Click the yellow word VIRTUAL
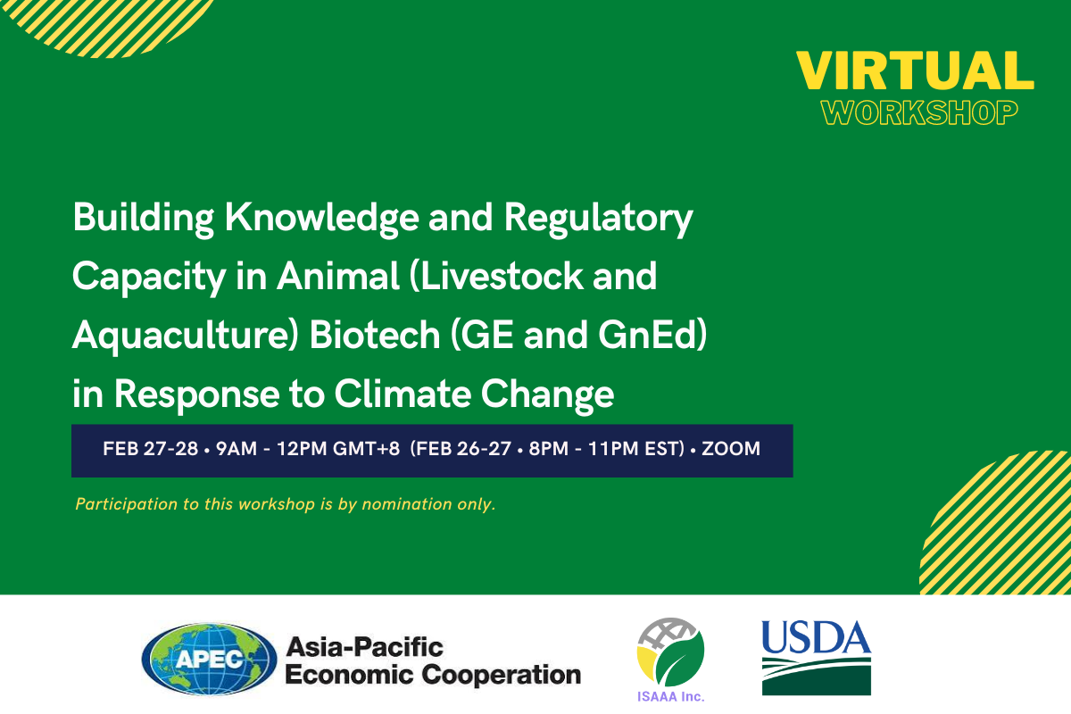pos(915,71)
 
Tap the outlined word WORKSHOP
pos(919,112)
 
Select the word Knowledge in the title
pos(322,218)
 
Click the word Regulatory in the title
pos(598,219)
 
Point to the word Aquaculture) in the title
pos(186,336)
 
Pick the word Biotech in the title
pos(375,335)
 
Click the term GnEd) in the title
pos(652,336)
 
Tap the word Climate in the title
pos(403,394)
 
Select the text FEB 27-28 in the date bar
pos(150,449)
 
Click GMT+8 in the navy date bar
pos(366,449)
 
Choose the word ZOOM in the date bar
pos(731,449)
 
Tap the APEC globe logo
pos(209,659)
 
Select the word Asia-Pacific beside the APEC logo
pos(364,648)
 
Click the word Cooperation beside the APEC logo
pos(501,676)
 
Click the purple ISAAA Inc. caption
pos(671,697)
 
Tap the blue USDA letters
pos(816,637)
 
